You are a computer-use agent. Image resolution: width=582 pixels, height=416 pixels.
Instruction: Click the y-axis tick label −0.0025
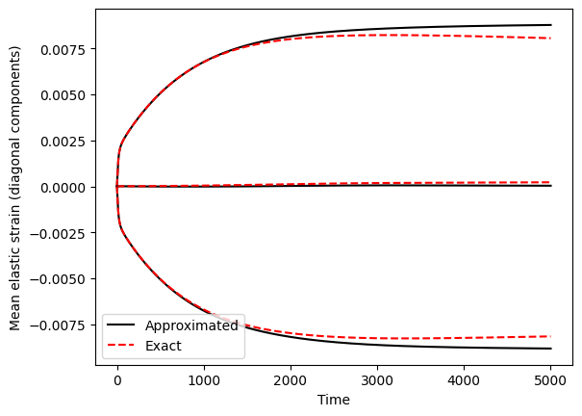pyautogui.click(x=60, y=234)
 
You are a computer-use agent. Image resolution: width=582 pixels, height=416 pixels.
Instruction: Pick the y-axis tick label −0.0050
pyautogui.click(x=60, y=279)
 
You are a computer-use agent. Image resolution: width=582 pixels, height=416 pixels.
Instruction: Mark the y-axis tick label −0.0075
pyautogui.click(x=60, y=325)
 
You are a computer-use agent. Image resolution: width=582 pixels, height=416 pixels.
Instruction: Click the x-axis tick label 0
pyautogui.click(x=117, y=380)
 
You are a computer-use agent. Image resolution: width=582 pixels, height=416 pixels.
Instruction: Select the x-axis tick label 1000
pyautogui.click(x=204, y=380)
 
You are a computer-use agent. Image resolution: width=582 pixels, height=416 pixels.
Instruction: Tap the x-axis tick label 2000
pyautogui.click(x=291, y=380)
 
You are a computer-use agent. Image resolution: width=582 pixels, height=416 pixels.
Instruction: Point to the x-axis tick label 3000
pyautogui.click(x=377, y=380)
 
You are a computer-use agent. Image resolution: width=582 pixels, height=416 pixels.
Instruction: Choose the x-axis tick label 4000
pyautogui.click(x=464, y=380)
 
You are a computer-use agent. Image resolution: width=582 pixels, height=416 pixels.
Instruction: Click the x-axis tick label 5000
pyautogui.click(x=550, y=380)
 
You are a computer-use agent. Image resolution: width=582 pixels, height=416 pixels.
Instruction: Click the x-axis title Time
pyautogui.click(x=333, y=400)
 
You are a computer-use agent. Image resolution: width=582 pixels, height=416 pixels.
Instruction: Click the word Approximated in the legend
pyautogui.click(x=191, y=325)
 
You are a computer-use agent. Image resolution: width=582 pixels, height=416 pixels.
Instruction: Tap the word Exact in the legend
pyautogui.click(x=164, y=346)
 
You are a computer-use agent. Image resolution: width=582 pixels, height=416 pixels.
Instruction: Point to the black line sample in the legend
pyautogui.click(x=121, y=325)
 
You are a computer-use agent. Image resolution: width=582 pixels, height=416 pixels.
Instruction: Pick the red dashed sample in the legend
pyautogui.click(x=121, y=345)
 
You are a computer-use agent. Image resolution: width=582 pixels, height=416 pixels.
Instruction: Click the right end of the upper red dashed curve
pyautogui.click(x=550, y=39)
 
